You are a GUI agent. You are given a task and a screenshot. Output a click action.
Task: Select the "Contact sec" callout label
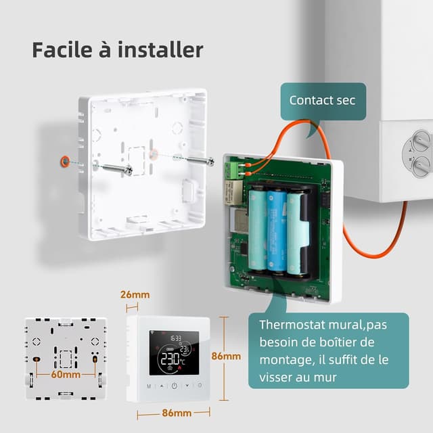coord(322,100)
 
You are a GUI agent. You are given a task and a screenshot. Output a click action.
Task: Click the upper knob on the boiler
coord(420,141)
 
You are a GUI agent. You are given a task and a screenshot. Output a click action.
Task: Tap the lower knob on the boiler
coord(420,164)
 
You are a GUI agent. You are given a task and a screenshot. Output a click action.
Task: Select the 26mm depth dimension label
coord(135,295)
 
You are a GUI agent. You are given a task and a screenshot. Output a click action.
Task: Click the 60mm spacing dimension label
coord(65,374)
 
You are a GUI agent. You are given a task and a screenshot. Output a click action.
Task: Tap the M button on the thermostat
coord(148,386)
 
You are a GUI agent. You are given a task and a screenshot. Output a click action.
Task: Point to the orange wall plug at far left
coord(64,161)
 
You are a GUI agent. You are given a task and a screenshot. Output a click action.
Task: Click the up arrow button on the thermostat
coord(161,386)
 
